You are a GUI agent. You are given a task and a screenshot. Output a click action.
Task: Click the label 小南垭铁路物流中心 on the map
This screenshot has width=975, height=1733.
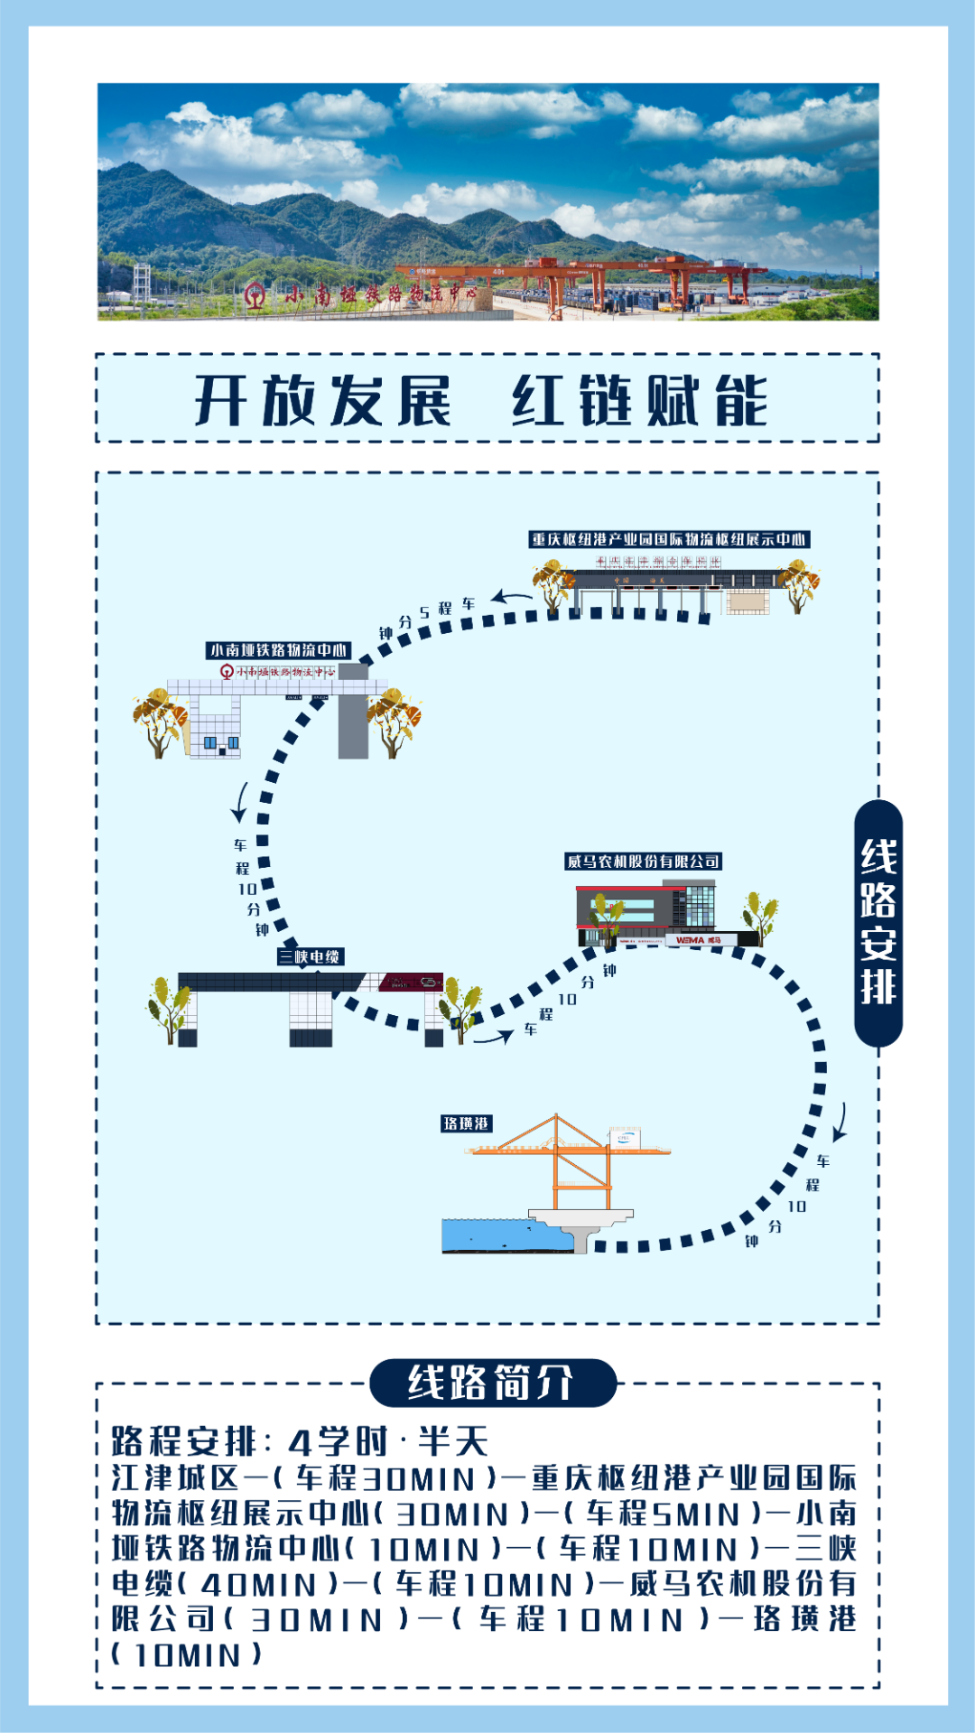coord(278,650)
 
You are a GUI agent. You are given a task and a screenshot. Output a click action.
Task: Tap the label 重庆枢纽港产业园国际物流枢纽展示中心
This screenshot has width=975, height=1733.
coord(668,539)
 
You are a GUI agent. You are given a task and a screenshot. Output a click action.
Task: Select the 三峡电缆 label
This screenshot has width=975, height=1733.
coord(311,956)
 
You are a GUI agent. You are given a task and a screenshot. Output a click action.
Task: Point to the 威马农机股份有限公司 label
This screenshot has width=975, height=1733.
coord(643,862)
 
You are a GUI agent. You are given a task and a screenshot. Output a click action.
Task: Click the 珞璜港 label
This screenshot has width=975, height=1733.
coord(466,1123)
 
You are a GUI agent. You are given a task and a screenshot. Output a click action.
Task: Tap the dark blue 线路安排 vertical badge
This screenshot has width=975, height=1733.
coord(877,922)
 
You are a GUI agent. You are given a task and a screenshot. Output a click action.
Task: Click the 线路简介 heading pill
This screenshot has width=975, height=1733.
coord(492,1383)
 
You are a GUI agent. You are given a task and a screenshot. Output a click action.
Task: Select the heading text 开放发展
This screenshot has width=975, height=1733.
coord(322,400)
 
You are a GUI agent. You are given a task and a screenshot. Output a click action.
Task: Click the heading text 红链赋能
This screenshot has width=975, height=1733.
coord(640,400)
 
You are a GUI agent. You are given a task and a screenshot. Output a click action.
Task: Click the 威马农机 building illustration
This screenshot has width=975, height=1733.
coord(646,914)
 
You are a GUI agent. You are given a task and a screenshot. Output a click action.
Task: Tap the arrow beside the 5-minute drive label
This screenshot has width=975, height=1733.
coord(512,597)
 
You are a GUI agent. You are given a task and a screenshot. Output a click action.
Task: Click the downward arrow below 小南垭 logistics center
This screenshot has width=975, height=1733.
coord(240,802)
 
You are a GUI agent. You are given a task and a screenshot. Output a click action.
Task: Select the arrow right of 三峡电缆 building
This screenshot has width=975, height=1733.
coord(493,1038)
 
